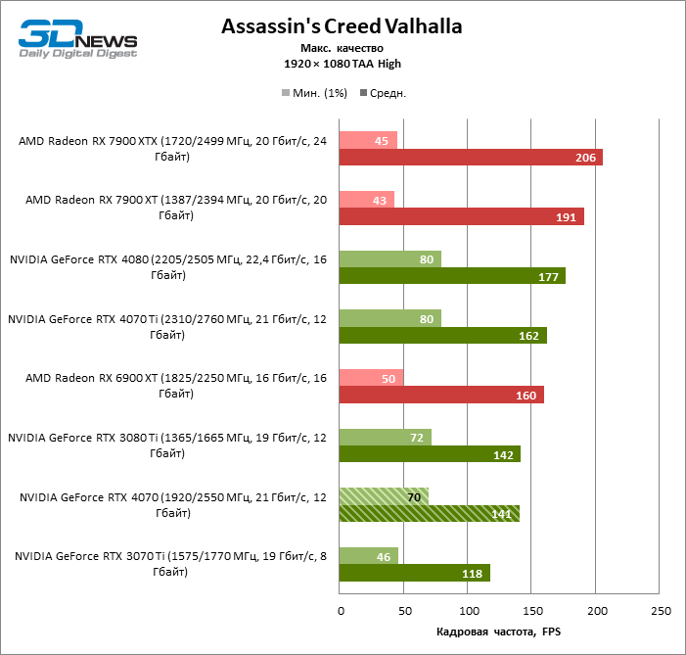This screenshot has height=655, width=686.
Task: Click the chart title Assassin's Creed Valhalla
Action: pyautogui.click(x=342, y=25)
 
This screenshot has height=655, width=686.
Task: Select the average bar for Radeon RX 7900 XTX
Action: pyautogui.click(x=470, y=158)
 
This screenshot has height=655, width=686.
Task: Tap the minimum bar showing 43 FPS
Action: pyautogui.click(x=366, y=200)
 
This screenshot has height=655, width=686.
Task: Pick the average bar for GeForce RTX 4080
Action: pyautogui.click(x=452, y=276)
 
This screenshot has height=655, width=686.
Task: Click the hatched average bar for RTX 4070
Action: pyautogui.click(x=429, y=514)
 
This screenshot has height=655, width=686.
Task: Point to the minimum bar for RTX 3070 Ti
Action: pyautogui.click(x=368, y=556)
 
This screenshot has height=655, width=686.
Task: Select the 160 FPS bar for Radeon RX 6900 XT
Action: pyautogui.click(x=441, y=395)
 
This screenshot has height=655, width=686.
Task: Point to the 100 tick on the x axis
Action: pyautogui.click(x=468, y=612)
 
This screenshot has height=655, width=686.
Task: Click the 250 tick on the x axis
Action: pyautogui.click(x=661, y=612)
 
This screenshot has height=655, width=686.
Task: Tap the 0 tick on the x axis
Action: pyautogui.click(x=340, y=612)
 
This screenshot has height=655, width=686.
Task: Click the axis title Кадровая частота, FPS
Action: pyautogui.click(x=499, y=632)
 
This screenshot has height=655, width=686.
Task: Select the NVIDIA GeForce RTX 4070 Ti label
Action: pyautogui.click(x=166, y=326)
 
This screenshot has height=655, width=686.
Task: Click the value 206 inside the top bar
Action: pyautogui.click(x=584, y=158)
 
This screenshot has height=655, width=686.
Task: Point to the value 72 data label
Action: pyautogui.click(x=416, y=438)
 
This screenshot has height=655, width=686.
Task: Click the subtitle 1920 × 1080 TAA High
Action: pyautogui.click(x=342, y=64)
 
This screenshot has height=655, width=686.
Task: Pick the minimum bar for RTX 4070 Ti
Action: pyautogui.click(x=389, y=318)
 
